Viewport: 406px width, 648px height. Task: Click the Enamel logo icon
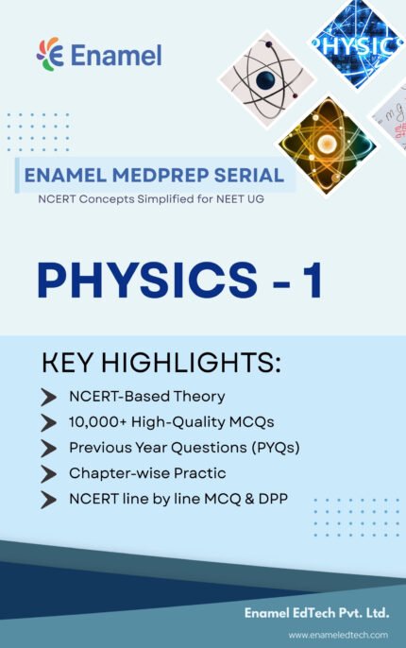49,54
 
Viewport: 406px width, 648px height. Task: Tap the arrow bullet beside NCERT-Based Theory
48,397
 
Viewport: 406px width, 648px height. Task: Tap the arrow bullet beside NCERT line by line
48,500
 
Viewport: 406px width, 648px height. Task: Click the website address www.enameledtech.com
337,636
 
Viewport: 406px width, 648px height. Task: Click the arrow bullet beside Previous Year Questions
48,448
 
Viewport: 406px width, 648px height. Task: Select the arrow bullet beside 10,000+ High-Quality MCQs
48,422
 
